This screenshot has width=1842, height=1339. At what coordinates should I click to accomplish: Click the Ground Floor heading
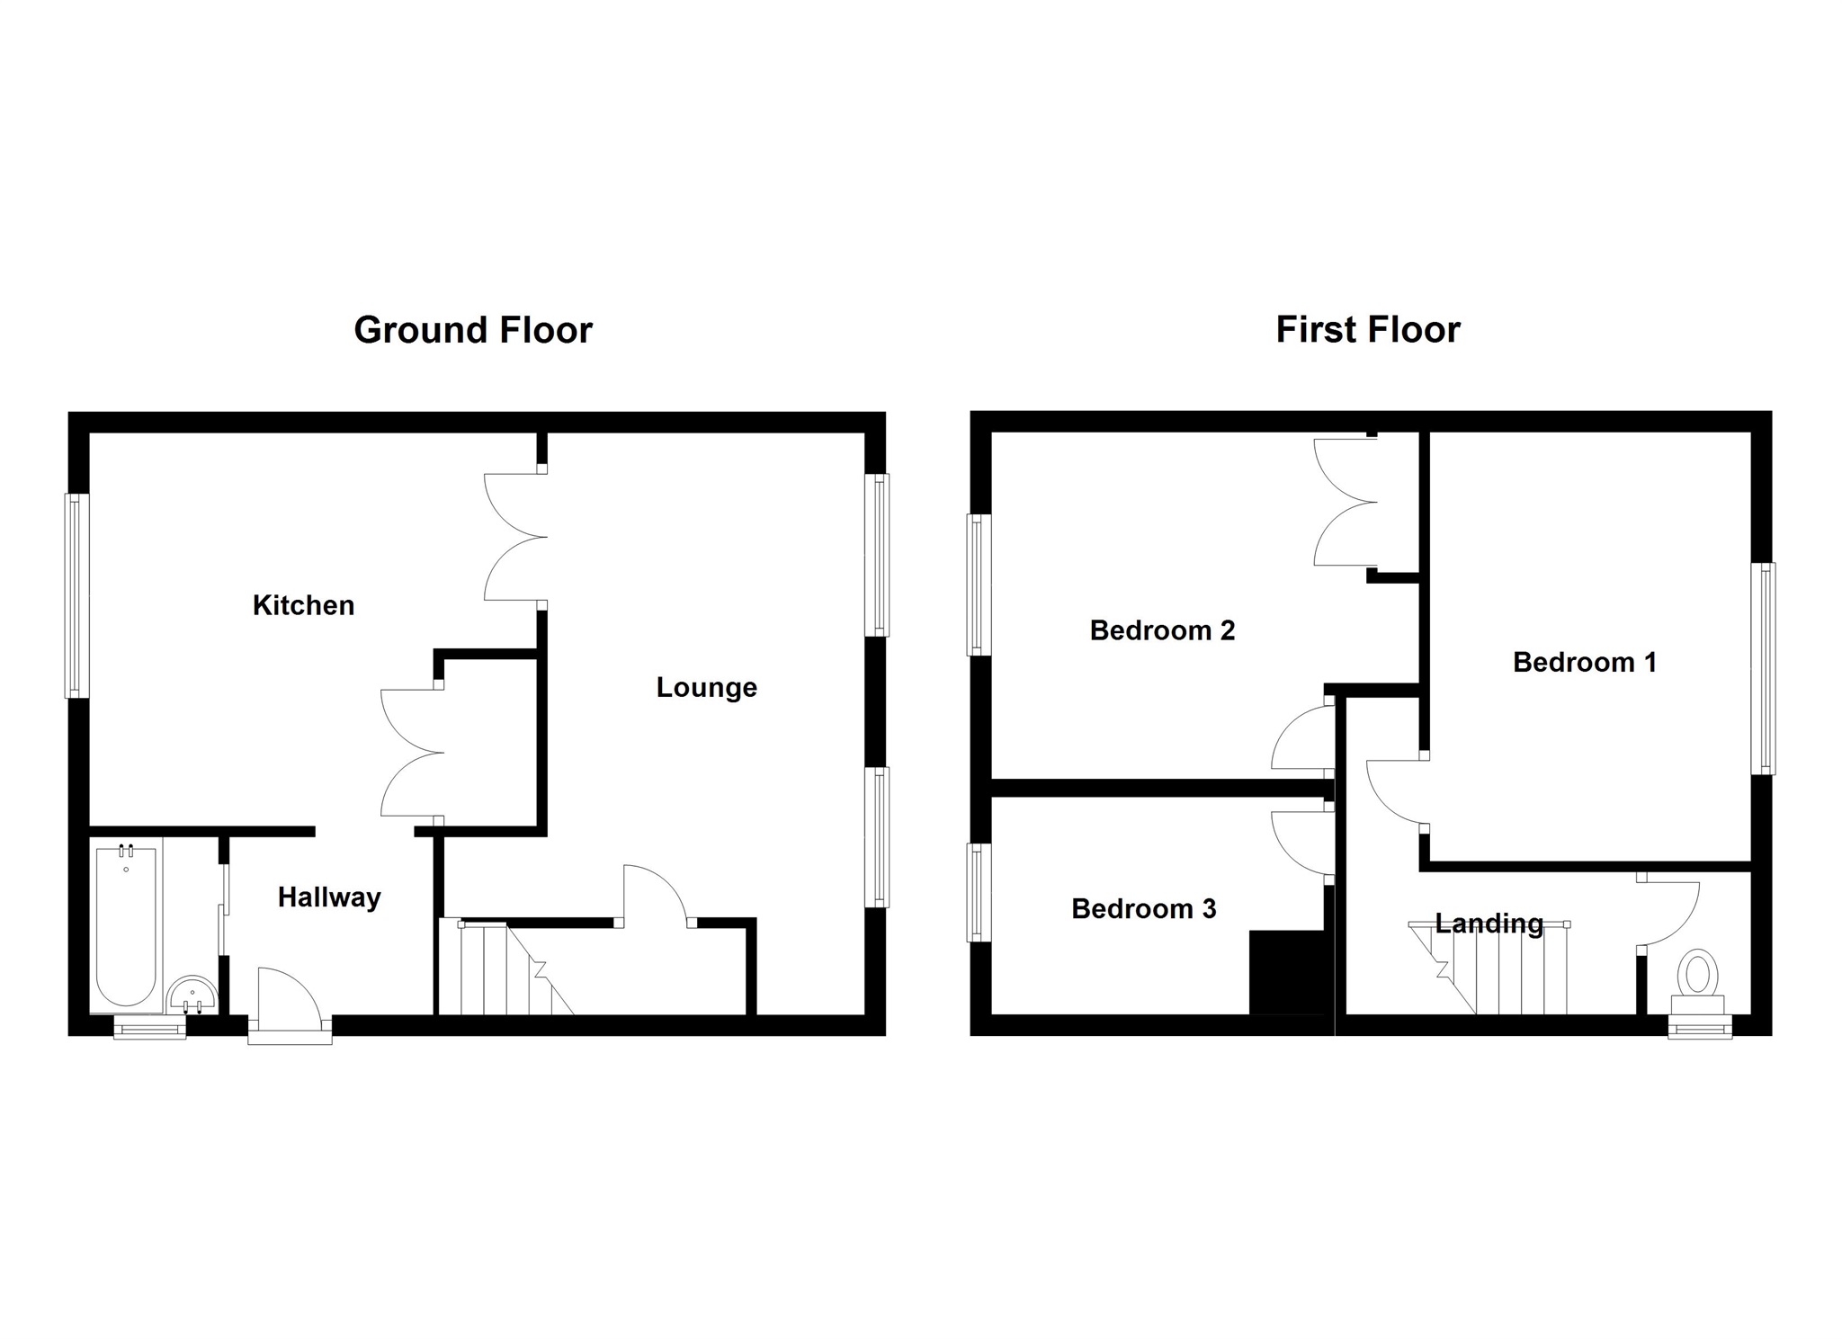click(x=473, y=330)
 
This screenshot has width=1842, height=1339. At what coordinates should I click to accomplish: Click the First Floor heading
click(x=1367, y=330)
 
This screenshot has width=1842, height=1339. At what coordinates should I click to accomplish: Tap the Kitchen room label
click(x=303, y=605)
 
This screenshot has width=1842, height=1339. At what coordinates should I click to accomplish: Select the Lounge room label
click(x=706, y=688)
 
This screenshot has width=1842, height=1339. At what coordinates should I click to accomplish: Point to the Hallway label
click(x=329, y=897)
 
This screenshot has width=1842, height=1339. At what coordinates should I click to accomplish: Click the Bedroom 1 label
click(x=1584, y=663)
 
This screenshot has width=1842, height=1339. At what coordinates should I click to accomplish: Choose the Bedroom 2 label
click(x=1162, y=630)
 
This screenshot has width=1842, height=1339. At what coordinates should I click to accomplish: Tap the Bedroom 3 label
click(x=1143, y=909)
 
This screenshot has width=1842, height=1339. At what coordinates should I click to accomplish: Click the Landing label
click(x=1489, y=924)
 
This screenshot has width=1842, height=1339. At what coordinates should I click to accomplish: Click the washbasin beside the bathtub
click(x=192, y=995)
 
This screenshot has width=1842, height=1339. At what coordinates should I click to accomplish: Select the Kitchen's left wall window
click(x=77, y=595)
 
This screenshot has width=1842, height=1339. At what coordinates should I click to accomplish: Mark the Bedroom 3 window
click(x=979, y=893)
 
